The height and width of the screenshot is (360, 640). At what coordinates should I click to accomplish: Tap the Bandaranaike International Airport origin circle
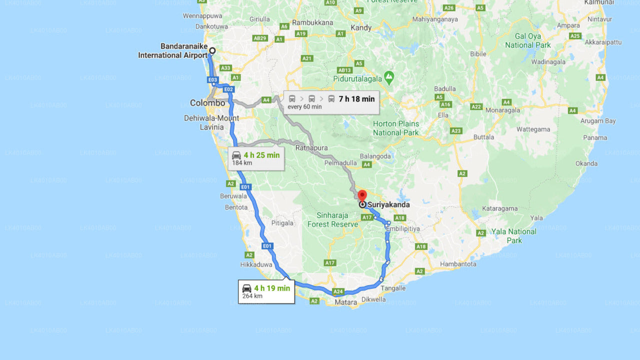pos(212,50)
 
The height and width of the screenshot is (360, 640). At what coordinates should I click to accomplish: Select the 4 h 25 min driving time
pos(261,155)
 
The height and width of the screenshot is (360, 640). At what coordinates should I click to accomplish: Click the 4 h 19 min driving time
pos(271,288)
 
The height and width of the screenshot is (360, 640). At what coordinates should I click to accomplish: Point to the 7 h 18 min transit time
pos(356,99)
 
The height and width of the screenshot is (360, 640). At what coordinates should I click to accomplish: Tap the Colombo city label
pos(207,103)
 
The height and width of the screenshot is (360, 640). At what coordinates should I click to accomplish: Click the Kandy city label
pos(361,28)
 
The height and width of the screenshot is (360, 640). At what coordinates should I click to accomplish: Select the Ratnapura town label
pos(311,148)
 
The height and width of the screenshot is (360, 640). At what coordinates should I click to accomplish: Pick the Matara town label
pos(346,302)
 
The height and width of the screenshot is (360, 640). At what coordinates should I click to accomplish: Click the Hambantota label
pos(458,264)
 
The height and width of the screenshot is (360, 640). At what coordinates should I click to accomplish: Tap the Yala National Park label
pos(513,236)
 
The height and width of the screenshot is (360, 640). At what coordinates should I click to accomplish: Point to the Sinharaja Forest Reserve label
pos(332,220)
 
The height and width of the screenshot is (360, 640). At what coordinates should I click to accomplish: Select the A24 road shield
pos(338,291)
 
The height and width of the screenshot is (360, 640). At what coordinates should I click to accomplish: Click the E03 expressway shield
pos(212,80)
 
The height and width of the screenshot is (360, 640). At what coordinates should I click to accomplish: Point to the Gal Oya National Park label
pos(527,40)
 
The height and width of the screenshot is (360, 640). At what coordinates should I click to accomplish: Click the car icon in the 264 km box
pos(247,288)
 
